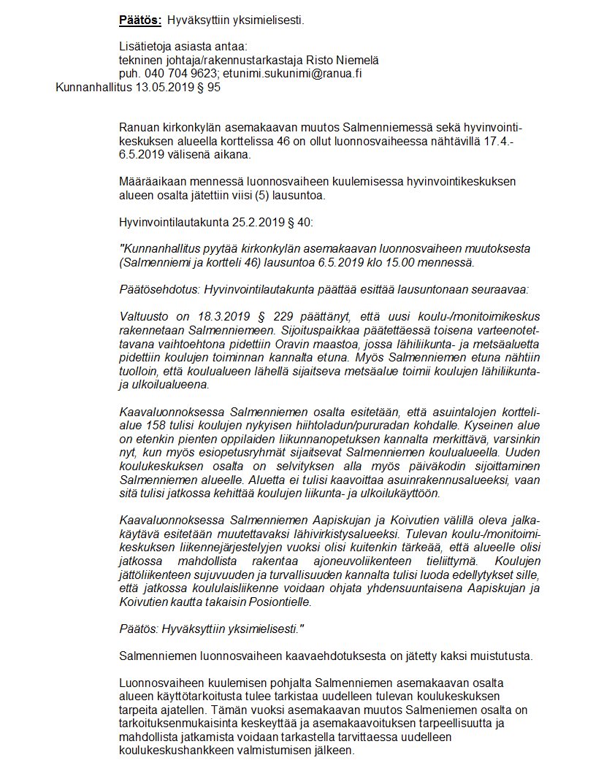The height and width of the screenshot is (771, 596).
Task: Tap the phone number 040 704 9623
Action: [x=175, y=74]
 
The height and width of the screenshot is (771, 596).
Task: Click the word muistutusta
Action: [x=501, y=656]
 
